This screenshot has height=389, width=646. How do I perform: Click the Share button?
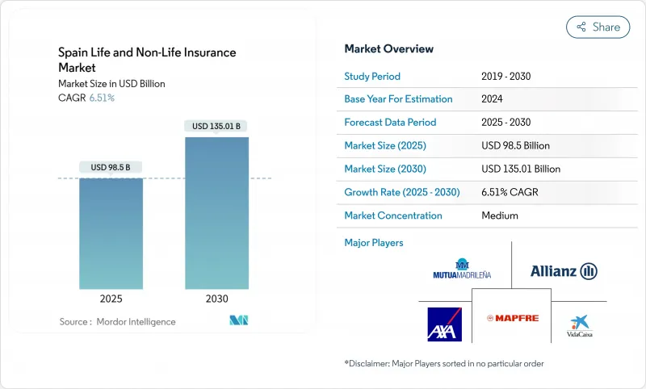(598, 27)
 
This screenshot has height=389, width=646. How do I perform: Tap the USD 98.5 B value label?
(111, 167)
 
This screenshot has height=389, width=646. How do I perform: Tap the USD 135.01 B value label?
(216, 126)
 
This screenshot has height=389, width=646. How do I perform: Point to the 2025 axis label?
(111, 299)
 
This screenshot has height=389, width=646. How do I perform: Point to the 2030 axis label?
(216, 299)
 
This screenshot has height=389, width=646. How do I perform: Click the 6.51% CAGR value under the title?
(101, 98)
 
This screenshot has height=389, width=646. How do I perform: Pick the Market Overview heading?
(389, 48)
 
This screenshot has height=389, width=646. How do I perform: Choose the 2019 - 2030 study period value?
(505, 76)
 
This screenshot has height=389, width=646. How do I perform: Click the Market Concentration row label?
(393, 215)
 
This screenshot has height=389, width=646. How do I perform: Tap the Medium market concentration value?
(500, 215)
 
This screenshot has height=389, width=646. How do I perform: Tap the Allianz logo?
(564, 271)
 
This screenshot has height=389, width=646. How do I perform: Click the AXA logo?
(443, 324)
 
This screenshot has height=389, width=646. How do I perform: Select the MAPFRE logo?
(511, 318)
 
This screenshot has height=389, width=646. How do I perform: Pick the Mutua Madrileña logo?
(462, 270)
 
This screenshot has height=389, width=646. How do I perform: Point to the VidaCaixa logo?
(579, 325)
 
